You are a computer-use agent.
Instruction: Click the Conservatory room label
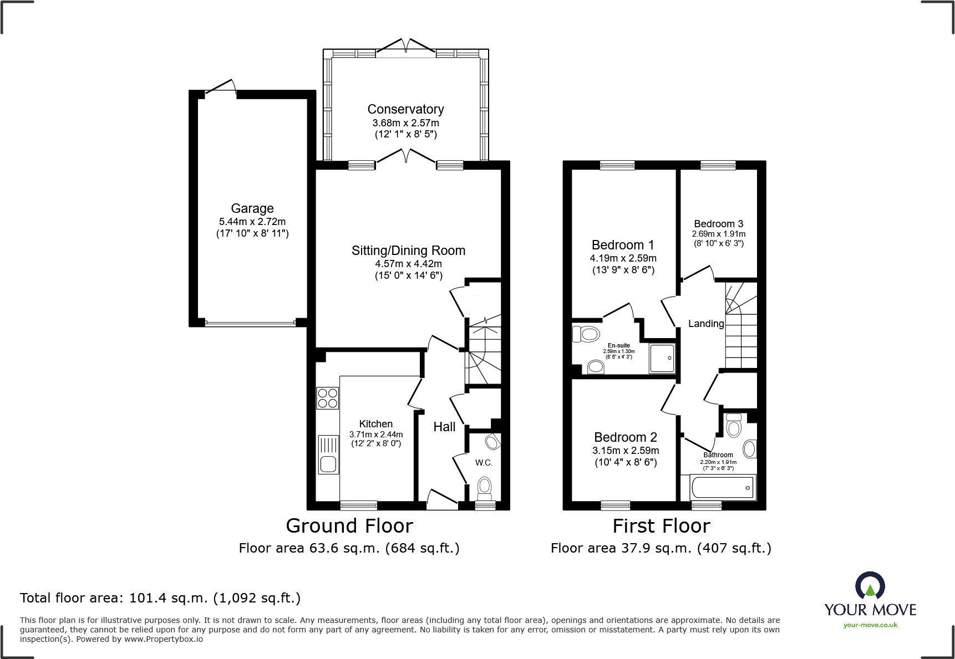[405, 109]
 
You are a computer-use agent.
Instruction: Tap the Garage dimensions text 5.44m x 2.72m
[252, 222]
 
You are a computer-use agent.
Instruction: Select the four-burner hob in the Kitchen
[328, 398]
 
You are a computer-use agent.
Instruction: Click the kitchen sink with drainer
[328, 454]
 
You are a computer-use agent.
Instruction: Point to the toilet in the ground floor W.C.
[485, 487]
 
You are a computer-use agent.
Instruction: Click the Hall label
[444, 427]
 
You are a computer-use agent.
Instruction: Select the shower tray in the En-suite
[662, 357]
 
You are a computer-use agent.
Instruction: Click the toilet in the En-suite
[586, 334]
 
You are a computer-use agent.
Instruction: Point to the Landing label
[706, 324]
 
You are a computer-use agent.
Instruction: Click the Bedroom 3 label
[718, 224]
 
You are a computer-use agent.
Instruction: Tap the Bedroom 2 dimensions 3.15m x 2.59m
[626, 451]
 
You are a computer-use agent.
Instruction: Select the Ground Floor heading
[349, 525]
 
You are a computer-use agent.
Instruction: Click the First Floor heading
[661, 525]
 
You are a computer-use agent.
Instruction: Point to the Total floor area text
[160, 598]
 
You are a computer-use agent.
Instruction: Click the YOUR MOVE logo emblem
[870, 585]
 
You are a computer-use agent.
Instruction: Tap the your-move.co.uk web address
[870, 625]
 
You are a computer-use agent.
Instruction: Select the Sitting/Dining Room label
[408, 251]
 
